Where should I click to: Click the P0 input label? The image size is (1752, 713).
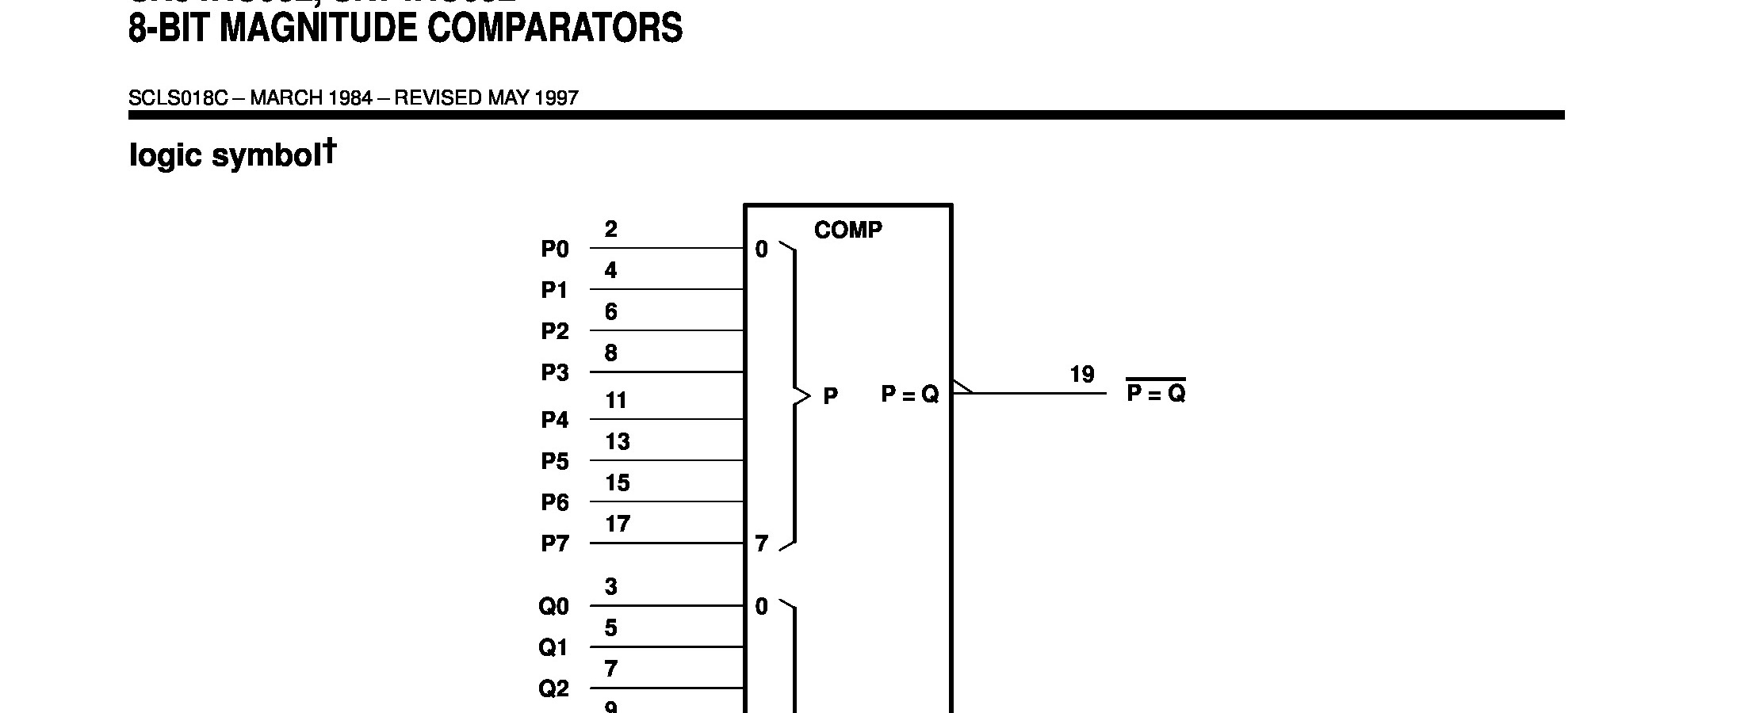[555, 250]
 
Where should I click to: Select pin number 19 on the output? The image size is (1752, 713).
[1082, 374]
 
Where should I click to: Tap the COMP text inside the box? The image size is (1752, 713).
[847, 230]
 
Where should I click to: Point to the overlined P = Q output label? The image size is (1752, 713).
[1156, 394]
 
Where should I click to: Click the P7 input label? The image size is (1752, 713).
[555, 544]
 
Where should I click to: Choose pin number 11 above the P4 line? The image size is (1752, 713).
[616, 401]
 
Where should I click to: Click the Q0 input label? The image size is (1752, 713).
[554, 607]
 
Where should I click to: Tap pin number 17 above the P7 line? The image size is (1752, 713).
[618, 524]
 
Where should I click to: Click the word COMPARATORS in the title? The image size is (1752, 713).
[555, 29]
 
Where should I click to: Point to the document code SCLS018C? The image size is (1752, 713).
[178, 98]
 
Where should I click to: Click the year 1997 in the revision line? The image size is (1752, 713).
[557, 98]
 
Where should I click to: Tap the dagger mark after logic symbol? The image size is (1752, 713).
[329, 151]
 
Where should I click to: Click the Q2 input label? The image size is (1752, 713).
[554, 689]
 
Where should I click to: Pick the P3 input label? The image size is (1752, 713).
[555, 373]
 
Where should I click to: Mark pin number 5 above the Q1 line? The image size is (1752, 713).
[610, 628]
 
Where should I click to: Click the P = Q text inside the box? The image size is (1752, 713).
[909, 394]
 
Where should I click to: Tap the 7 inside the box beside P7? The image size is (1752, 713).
[761, 544]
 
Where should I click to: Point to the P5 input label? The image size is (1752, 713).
[555, 462]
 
